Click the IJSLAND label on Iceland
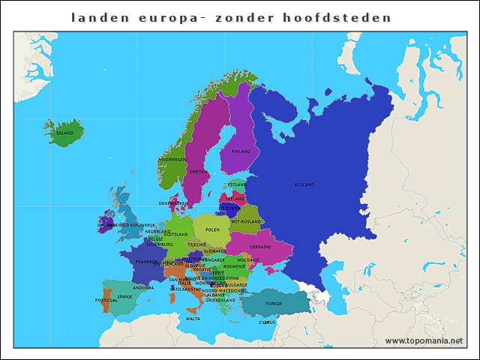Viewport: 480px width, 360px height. pos(65,133)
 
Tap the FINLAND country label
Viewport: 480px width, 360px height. pos(241,151)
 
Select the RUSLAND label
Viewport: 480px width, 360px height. pos(304,184)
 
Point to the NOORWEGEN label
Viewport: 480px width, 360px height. pos(172,160)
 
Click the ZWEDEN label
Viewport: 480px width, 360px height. pos(198,172)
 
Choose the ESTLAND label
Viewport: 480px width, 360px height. pos(237,184)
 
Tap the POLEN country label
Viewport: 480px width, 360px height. pos(213,229)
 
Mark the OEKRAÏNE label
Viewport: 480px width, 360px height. pos(260,247)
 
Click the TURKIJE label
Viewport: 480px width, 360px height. pos(274,303)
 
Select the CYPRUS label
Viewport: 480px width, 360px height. pos(268,322)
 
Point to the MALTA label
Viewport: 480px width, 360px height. pos(193,319)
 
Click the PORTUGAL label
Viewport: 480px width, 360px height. pos(106,300)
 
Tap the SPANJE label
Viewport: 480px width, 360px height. pos(124,296)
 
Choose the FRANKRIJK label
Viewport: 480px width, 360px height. pos(147,262)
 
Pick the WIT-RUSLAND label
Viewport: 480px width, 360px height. pos(246,221)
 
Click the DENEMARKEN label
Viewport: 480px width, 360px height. pos(173,203)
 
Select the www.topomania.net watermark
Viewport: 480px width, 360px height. pos(424,340)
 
